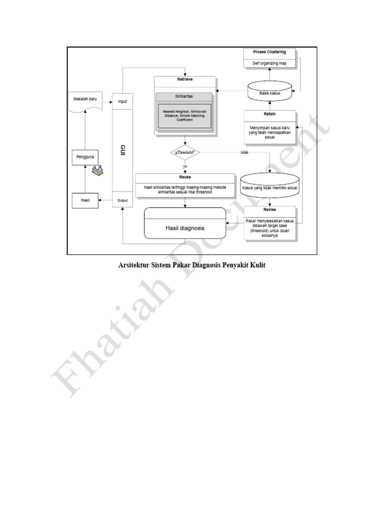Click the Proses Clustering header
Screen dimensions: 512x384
(x=269, y=52)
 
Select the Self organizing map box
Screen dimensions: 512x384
(x=269, y=63)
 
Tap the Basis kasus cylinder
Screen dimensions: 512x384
(x=269, y=92)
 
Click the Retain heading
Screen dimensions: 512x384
(x=269, y=114)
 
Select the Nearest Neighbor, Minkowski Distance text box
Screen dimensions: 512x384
(x=184, y=115)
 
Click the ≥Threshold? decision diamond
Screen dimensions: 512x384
(x=184, y=152)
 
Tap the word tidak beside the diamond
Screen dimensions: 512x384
(x=244, y=152)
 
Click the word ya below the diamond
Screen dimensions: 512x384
(x=185, y=166)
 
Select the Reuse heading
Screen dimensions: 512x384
(x=184, y=176)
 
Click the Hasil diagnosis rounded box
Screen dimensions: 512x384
(x=184, y=228)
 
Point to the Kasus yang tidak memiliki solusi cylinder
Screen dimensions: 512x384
(x=270, y=187)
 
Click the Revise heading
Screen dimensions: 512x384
(x=269, y=209)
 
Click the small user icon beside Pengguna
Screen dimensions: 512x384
(x=98, y=170)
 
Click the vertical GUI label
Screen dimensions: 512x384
(x=122, y=150)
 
